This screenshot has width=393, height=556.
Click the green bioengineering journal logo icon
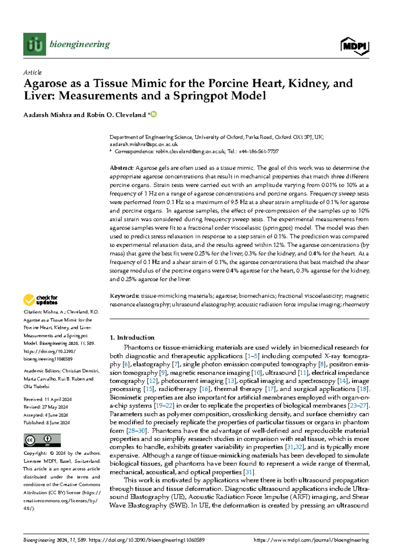(35, 44)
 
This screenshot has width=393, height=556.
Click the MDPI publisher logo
(355, 47)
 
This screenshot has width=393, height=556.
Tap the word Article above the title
(32, 72)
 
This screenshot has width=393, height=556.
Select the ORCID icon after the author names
(153, 114)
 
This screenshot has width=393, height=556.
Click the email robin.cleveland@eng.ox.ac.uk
(190, 151)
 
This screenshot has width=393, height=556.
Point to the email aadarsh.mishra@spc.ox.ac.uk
(143, 144)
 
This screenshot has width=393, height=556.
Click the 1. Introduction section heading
(132, 338)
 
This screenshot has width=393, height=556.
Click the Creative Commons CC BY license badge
(42, 440)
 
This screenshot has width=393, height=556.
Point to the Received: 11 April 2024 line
(47, 399)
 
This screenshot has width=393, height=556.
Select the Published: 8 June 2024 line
(47, 423)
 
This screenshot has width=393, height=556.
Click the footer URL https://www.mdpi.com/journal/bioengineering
(311, 540)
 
